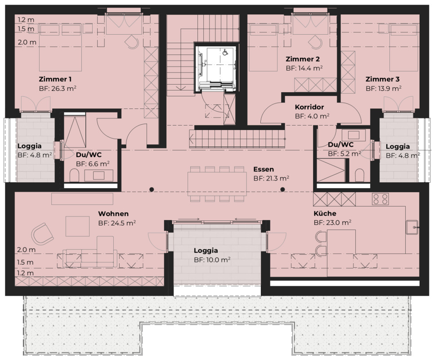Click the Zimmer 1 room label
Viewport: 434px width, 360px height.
55,79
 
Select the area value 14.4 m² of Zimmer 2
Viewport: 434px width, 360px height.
310,68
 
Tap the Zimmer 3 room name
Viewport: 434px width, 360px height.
382,79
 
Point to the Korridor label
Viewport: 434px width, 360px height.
309,107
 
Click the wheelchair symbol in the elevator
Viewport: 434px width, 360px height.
225,52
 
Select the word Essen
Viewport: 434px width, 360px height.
264,169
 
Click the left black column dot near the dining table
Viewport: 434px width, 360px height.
152,189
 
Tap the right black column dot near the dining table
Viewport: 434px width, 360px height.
282,189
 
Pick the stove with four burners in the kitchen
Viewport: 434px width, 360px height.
380,199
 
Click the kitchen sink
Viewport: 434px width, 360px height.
412,227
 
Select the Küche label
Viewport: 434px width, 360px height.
325,213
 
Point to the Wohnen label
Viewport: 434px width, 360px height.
113,214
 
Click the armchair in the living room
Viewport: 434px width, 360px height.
42,234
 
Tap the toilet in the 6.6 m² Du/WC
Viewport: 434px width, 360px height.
74,175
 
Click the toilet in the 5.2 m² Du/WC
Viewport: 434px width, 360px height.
359,175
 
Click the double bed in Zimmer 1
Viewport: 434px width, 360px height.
60,47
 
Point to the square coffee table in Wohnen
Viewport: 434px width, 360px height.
77,226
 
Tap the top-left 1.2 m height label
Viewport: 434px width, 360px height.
26,20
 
